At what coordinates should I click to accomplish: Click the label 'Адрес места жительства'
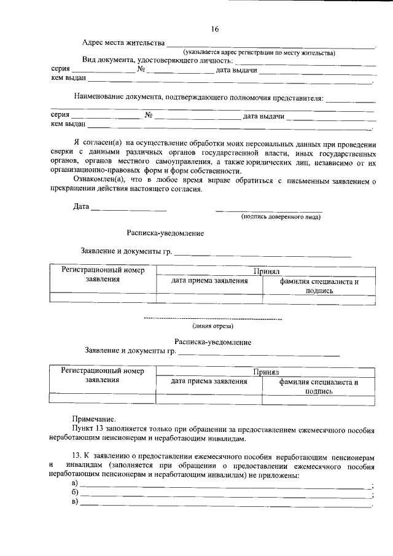click(x=123, y=43)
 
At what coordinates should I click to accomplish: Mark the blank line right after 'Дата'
click(x=129, y=210)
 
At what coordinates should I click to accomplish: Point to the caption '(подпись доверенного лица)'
click(x=281, y=216)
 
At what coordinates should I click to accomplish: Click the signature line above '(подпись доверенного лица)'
click(x=269, y=211)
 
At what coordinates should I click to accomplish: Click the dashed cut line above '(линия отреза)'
click(x=212, y=319)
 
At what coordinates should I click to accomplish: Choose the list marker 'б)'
click(x=76, y=494)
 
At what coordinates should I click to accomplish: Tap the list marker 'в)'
click(x=76, y=504)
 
